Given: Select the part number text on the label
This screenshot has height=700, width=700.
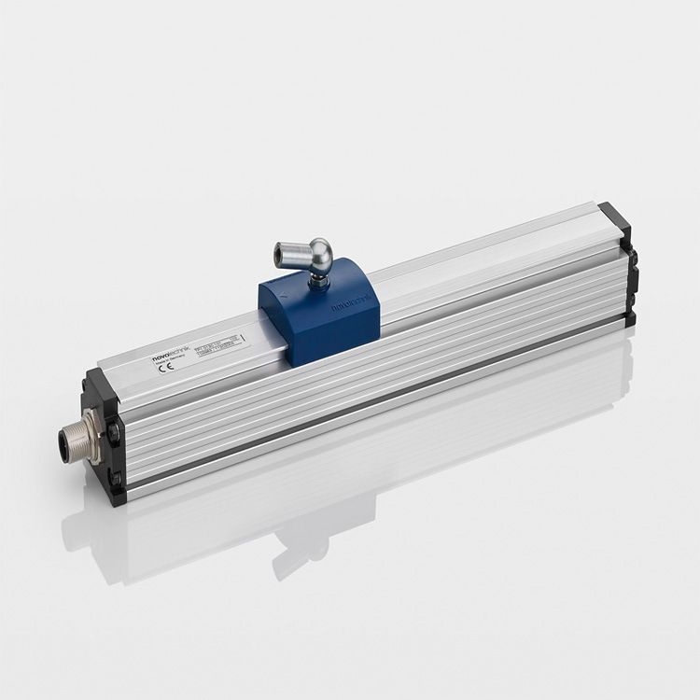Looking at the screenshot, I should [x=217, y=341].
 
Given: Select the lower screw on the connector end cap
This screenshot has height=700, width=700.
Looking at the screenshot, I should [x=115, y=481].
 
